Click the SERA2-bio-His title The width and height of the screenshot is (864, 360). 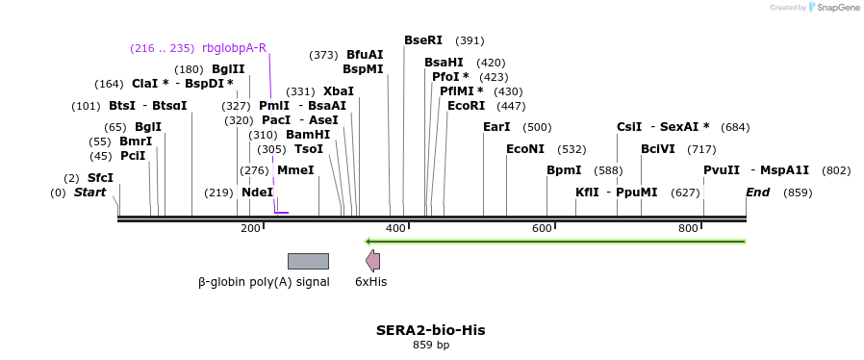click(430, 330)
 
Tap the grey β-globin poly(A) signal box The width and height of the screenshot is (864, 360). click(308, 261)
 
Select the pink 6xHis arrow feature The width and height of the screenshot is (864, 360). click(372, 261)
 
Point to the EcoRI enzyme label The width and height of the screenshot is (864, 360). click(466, 106)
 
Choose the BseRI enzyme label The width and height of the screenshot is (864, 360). click(423, 40)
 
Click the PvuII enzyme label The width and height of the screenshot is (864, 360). click(722, 170)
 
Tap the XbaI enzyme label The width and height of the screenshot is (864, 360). click(339, 91)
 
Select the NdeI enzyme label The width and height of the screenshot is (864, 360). click(257, 193)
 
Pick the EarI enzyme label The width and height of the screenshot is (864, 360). click(496, 127)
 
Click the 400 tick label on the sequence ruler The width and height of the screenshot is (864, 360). click(395, 228)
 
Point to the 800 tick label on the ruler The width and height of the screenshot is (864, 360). click(688, 228)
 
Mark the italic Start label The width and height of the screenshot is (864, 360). click(89, 193)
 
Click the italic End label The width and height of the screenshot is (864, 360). click(757, 193)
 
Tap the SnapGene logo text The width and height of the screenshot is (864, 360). click(838, 8)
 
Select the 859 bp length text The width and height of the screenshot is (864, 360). click(430, 345)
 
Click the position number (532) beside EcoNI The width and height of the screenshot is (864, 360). click(572, 149)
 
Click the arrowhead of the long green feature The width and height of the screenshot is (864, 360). click(368, 241)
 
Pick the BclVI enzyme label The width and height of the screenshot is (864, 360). click(658, 149)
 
